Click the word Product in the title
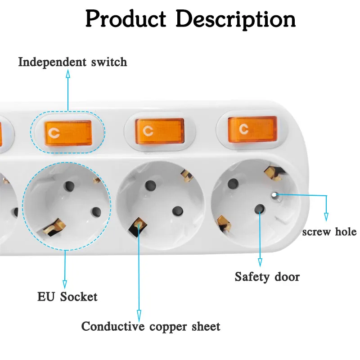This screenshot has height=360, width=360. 126,19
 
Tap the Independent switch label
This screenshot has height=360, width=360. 72,62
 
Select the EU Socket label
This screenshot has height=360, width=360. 67,297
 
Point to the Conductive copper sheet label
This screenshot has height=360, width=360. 151,326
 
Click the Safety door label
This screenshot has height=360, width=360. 267,276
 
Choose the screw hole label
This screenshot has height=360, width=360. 329,232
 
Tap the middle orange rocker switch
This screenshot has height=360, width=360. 160,131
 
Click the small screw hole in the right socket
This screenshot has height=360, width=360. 274,195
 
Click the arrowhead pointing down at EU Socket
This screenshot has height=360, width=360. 65,284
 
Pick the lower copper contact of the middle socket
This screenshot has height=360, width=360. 137,226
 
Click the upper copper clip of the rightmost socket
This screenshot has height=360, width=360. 271,171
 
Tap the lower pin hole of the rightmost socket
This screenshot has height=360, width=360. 259,209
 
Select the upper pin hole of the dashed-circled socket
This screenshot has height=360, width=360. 70,185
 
